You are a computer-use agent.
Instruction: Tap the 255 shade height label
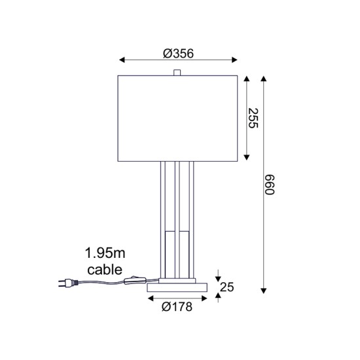pos(254,118)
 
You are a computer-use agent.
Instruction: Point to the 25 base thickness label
pos(226,286)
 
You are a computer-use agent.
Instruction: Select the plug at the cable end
pos(65,283)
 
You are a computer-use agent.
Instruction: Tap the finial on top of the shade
pos(177,72)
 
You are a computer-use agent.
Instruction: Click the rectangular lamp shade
pos(177,118)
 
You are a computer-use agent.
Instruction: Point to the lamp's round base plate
pos(177,287)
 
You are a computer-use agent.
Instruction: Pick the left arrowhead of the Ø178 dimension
pos(150,298)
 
